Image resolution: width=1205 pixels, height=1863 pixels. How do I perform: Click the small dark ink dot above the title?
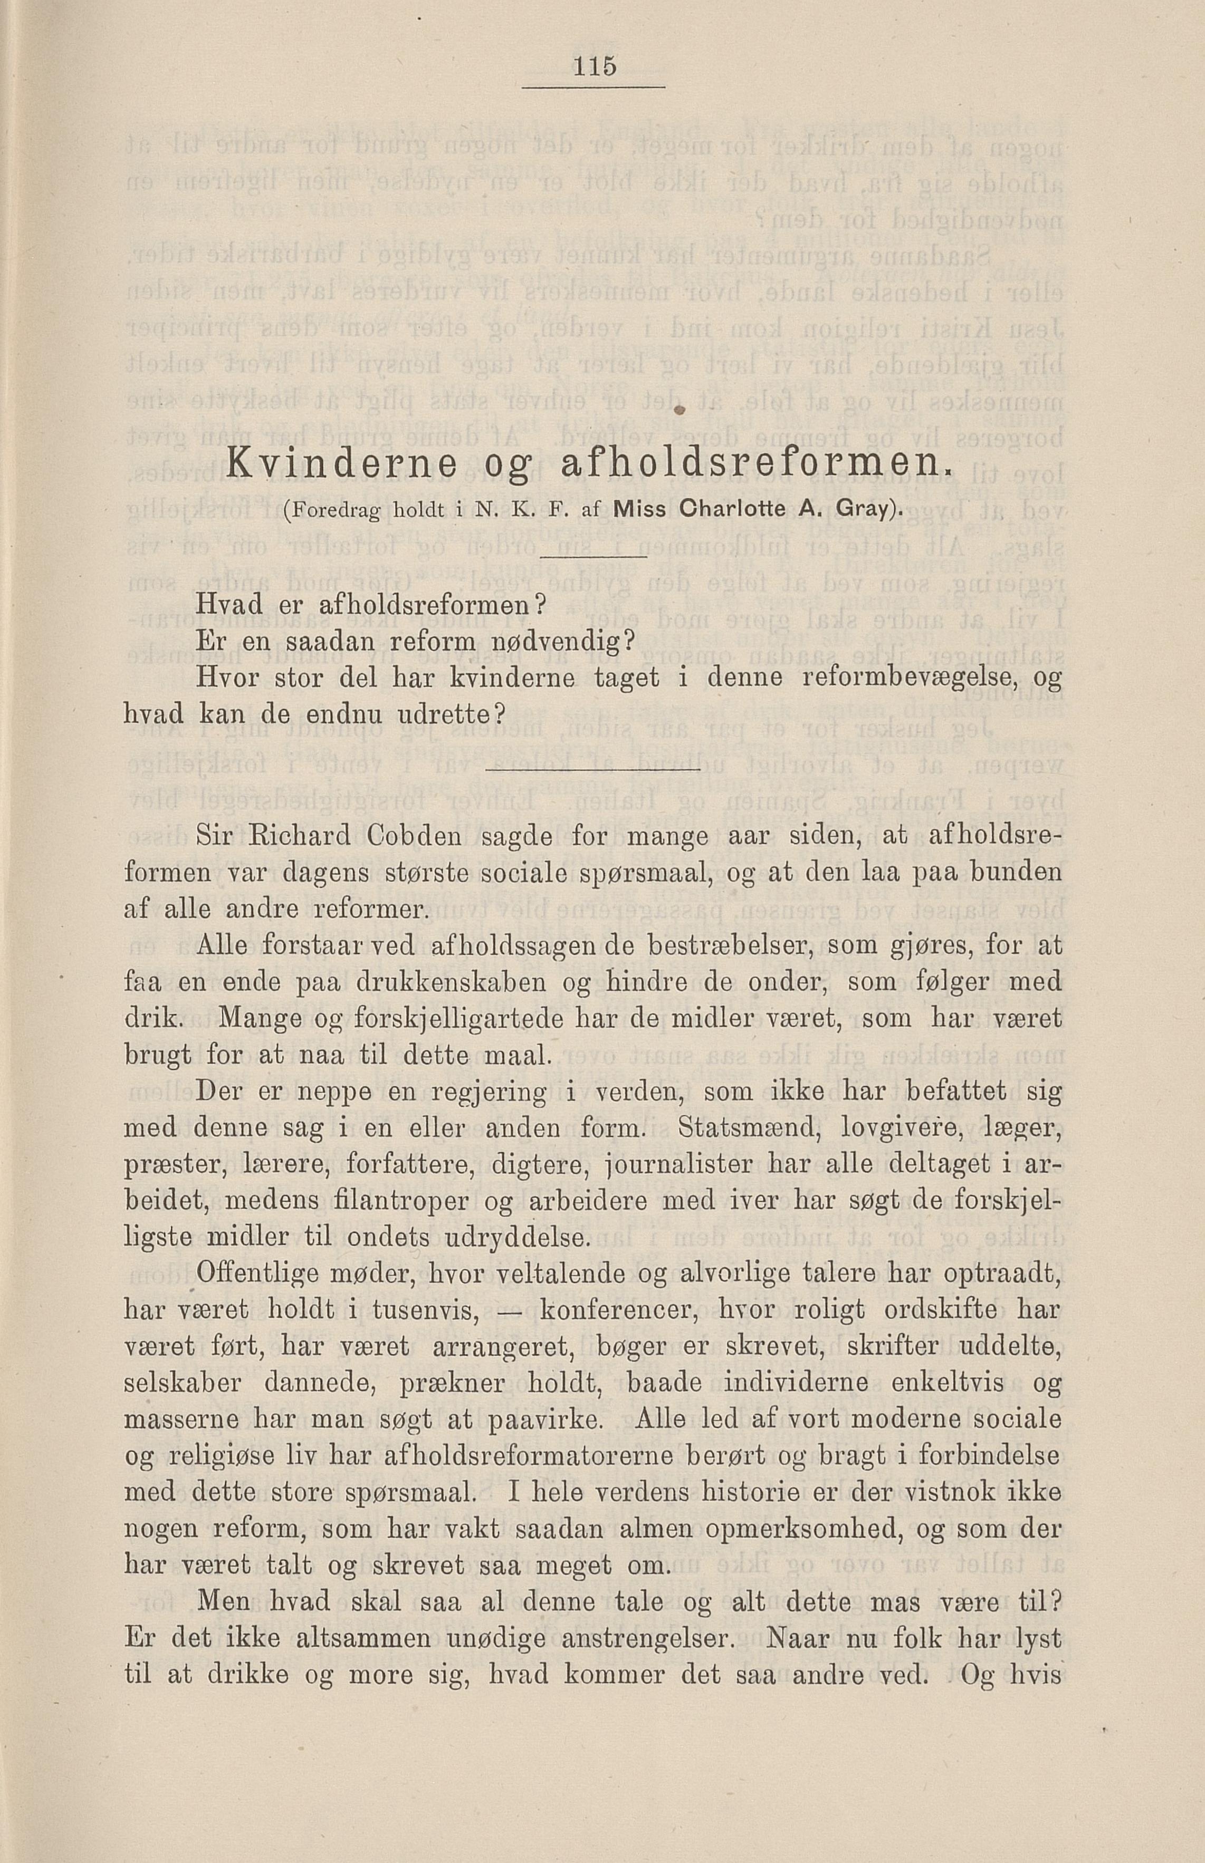click(x=680, y=410)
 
